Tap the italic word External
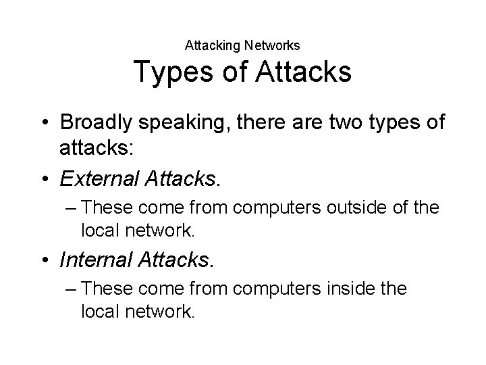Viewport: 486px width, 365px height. [x=98, y=178]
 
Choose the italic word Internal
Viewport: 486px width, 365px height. [x=95, y=259]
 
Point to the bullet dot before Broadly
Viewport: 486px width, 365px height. [x=45, y=123]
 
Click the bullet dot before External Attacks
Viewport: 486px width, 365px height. [x=45, y=178]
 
